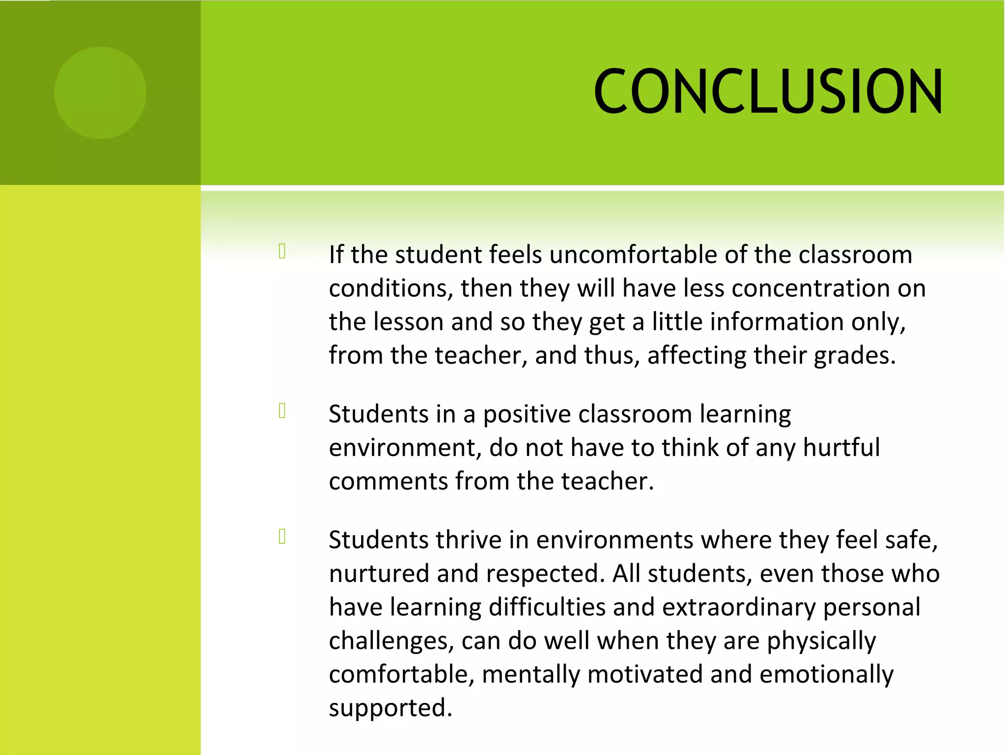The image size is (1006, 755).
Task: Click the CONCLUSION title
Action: point(768,92)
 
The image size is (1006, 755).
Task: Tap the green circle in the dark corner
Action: point(100,93)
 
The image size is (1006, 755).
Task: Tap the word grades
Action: point(854,356)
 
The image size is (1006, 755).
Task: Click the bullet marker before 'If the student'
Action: point(282,251)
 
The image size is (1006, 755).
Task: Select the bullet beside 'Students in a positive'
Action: point(282,411)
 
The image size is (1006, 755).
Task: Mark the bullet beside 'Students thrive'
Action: point(282,537)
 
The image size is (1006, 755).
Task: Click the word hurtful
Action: point(841,448)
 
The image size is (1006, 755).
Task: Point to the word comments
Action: point(388,481)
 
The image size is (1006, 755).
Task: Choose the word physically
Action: point(821,641)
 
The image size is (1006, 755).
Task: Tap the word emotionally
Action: point(826,675)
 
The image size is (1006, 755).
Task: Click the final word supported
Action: point(390,708)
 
